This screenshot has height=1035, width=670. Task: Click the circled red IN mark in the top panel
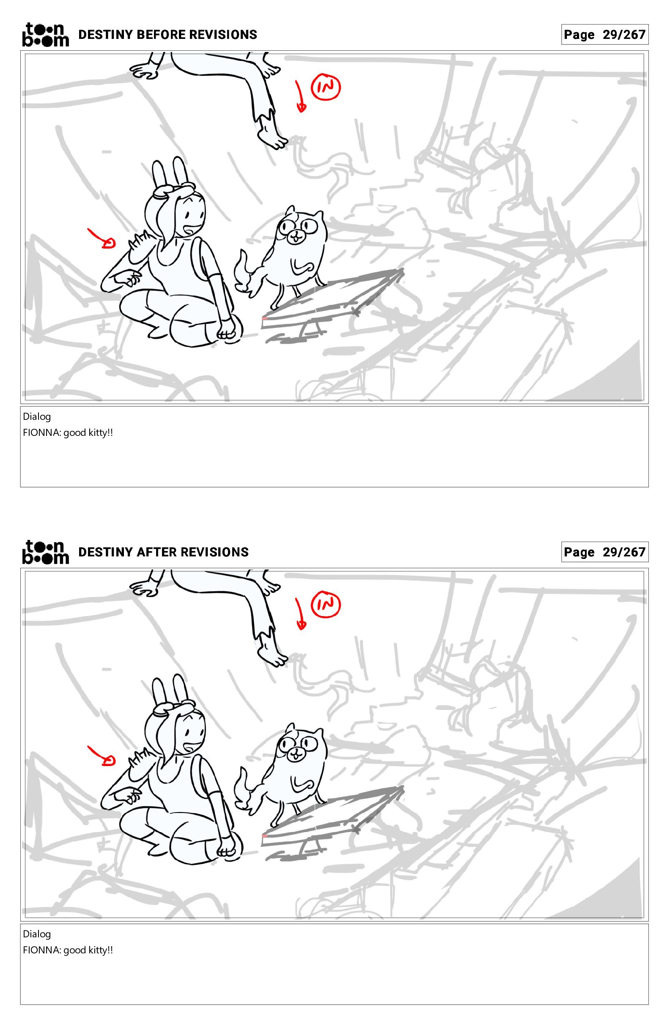[325, 88]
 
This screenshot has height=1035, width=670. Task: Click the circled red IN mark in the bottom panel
[325, 605]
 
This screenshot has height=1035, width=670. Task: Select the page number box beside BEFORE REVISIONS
[605, 34]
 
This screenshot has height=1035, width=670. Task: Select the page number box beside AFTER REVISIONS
[605, 552]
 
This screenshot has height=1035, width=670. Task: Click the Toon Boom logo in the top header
[45, 34]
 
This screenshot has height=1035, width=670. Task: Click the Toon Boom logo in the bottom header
[45, 552]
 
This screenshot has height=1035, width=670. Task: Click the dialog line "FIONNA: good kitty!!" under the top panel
[68, 433]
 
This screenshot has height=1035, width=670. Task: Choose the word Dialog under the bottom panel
[37, 934]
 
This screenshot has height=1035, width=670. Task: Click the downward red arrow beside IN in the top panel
[300, 96]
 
